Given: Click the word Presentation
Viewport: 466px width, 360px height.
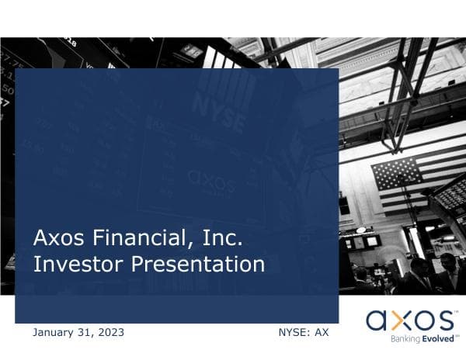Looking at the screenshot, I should (x=198, y=265).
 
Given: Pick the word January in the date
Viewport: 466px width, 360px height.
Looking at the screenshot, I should (x=57, y=333).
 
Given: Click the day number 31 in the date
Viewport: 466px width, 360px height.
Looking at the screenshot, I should (x=88, y=333).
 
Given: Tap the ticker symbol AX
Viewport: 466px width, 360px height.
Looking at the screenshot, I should (x=321, y=333).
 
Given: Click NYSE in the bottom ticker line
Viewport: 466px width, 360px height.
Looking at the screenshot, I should (x=292, y=333).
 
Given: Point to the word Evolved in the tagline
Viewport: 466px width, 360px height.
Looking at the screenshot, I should (x=434, y=339).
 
